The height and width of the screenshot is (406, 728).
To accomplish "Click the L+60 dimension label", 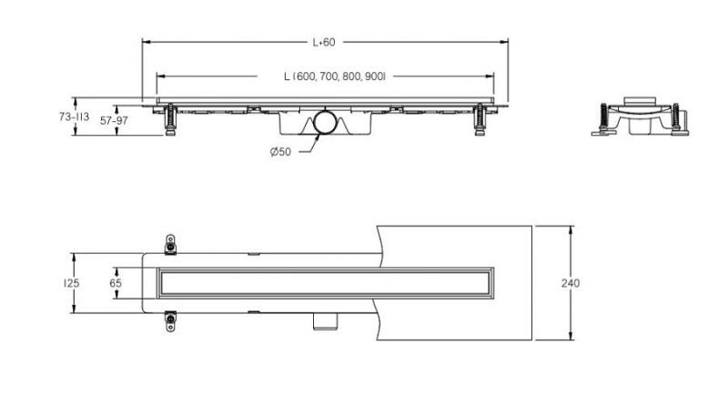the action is [x=324, y=42].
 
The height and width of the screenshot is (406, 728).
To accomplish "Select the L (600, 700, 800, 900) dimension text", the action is [x=335, y=76].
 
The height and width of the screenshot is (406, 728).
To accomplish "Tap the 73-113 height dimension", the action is [x=74, y=117].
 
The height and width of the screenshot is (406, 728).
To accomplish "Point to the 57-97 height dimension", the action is [x=114, y=121].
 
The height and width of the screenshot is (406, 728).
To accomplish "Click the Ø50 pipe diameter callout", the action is [x=280, y=152].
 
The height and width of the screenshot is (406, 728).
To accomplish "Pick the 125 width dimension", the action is [x=72, y=283].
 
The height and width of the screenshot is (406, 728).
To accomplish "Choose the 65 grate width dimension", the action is [x=116, y=283].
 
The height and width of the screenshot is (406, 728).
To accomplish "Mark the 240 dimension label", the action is [x=571, y=283].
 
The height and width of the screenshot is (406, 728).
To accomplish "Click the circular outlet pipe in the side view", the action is [x=325, y=122].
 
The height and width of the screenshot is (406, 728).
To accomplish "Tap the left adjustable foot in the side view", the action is [x=170, y=119].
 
